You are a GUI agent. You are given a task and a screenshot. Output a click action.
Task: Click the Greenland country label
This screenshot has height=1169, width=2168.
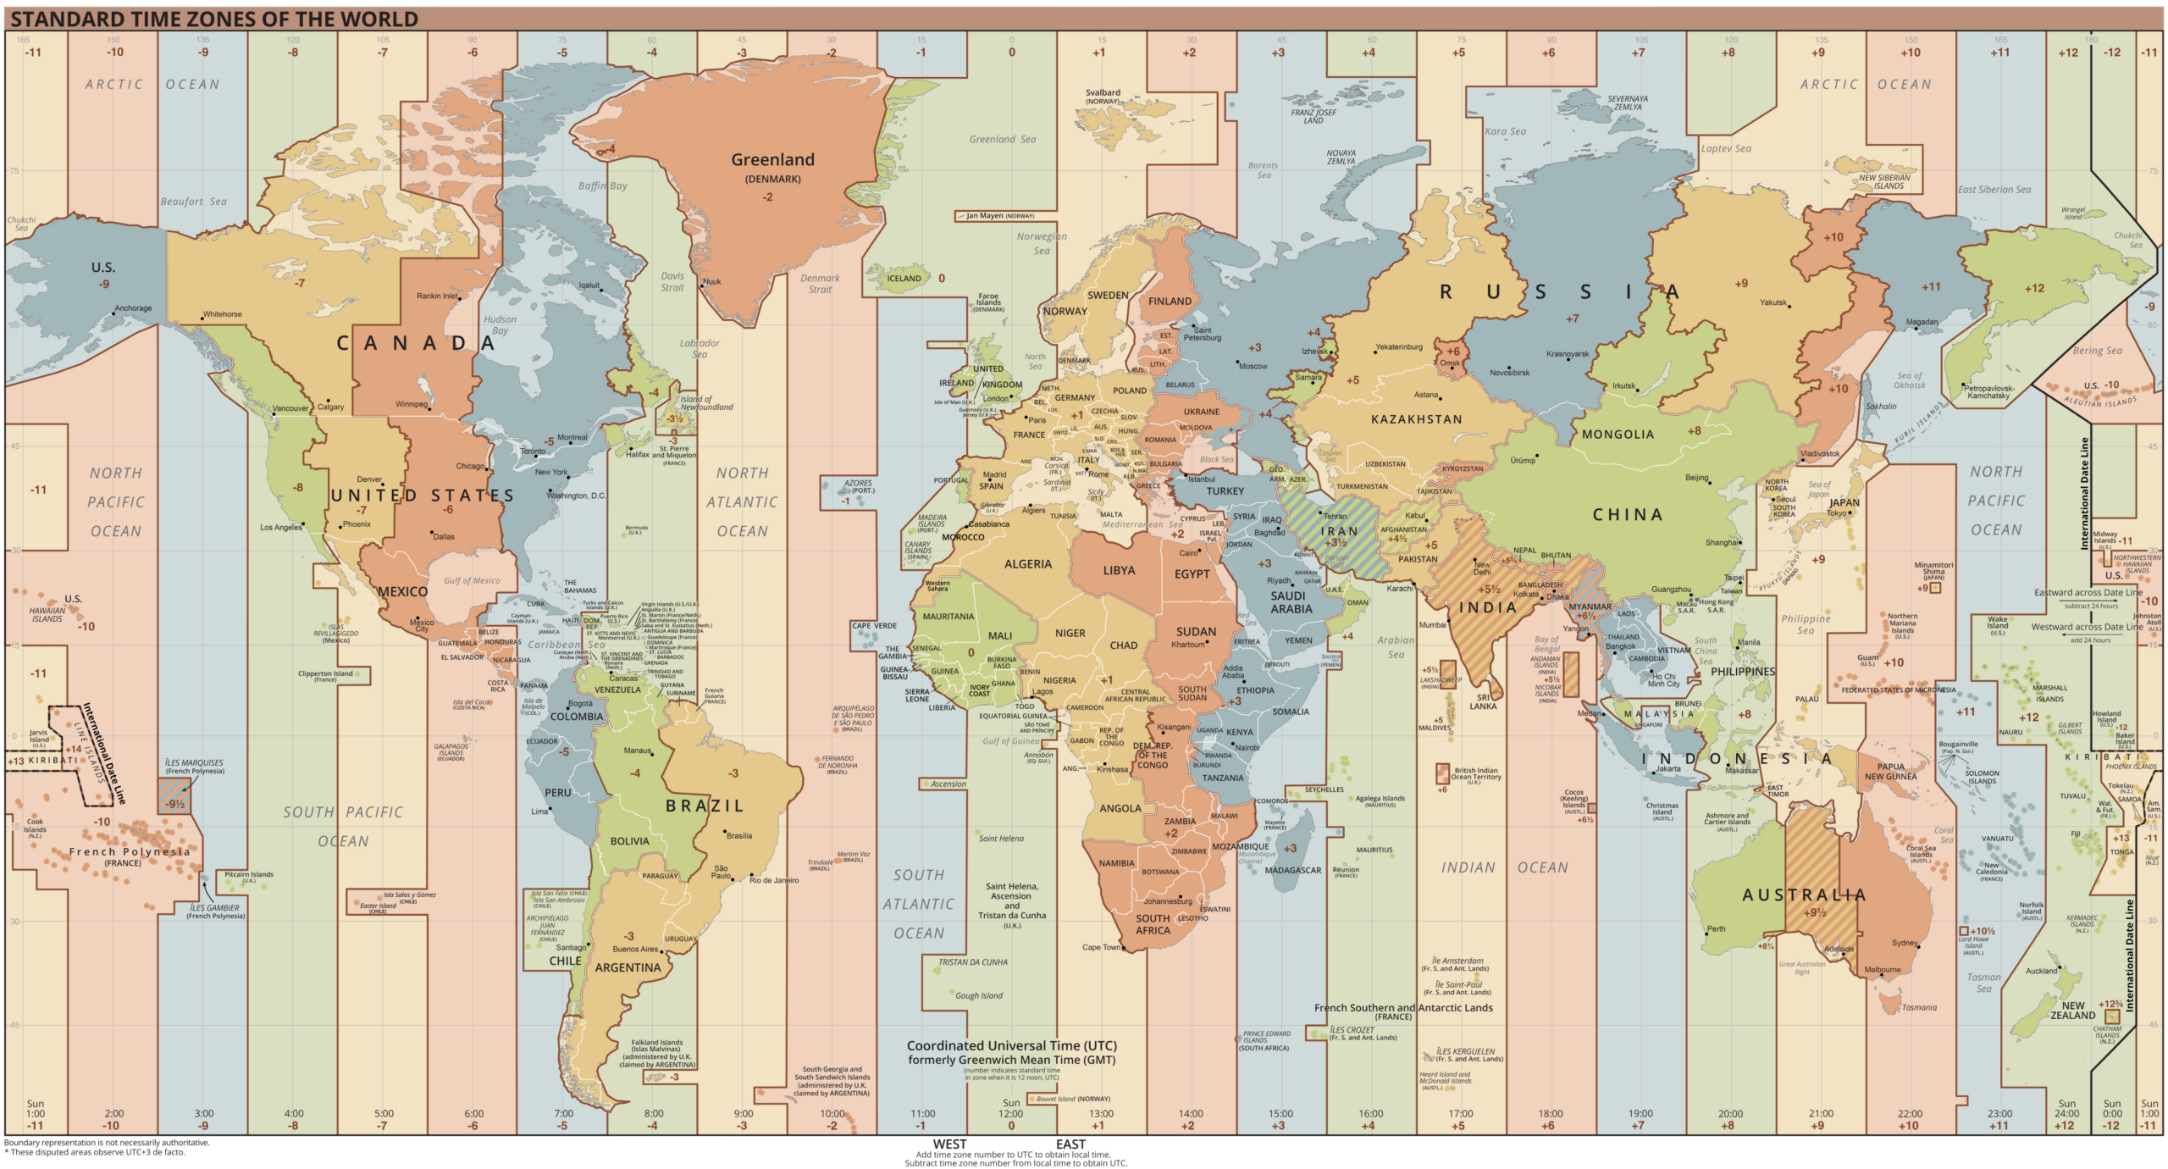[x=772, y=159]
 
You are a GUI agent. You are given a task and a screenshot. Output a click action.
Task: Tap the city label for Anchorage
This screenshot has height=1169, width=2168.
[x=133, y=308]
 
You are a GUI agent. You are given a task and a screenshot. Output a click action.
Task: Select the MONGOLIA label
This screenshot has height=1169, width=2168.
[x=1618, y=435]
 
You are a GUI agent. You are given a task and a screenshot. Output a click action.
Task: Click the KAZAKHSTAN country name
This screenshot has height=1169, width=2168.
[x=1416, y=419]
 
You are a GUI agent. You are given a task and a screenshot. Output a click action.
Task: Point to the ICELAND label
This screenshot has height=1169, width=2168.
[x=904, y=278]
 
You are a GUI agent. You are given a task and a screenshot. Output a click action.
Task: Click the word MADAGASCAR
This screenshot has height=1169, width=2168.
[x=1292, y=870]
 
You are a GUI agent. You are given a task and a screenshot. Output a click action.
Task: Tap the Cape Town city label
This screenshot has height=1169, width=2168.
[x=1101, y=947]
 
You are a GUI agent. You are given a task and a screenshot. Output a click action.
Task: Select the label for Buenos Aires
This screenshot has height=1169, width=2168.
[x=635, y=949]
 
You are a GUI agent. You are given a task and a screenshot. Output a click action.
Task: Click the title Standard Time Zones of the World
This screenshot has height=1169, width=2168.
[x=214, y=19]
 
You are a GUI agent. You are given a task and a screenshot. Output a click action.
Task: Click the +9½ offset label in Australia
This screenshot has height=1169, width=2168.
[x=1814, y=912]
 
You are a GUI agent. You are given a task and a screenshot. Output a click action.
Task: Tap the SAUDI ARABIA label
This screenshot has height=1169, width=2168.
[x=1291, y=601]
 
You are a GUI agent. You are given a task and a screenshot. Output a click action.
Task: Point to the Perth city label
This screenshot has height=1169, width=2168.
[x=1716, y=928]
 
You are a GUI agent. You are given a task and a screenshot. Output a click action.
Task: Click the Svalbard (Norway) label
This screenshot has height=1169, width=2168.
[x=1103, y=97]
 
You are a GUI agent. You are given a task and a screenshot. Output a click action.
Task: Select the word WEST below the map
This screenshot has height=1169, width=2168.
[x=949, y=1144]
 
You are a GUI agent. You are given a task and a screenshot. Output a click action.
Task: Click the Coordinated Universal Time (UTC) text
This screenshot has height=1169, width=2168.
[x=1011, y=1045]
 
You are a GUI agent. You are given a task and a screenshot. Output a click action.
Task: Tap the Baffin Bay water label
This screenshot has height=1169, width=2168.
[x=602, y=186]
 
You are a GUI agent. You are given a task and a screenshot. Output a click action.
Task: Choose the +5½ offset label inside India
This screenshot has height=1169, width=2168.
[x=1489, y=589]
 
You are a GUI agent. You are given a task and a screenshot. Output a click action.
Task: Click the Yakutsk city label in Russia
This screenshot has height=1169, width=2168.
[x=1773, y=302]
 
